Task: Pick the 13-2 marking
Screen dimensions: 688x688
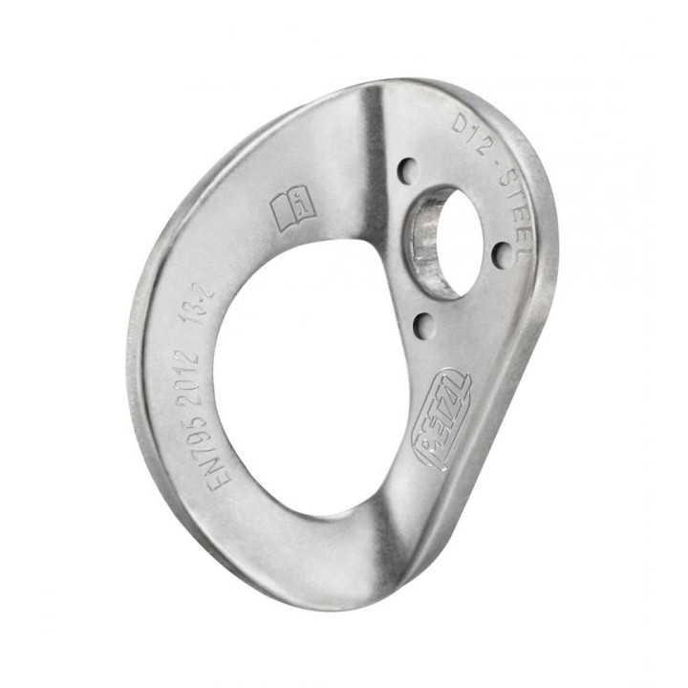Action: pyautogui.click(x=204, y=305)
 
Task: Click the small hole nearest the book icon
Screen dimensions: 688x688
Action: pyautogui.click(x=408, y=173)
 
